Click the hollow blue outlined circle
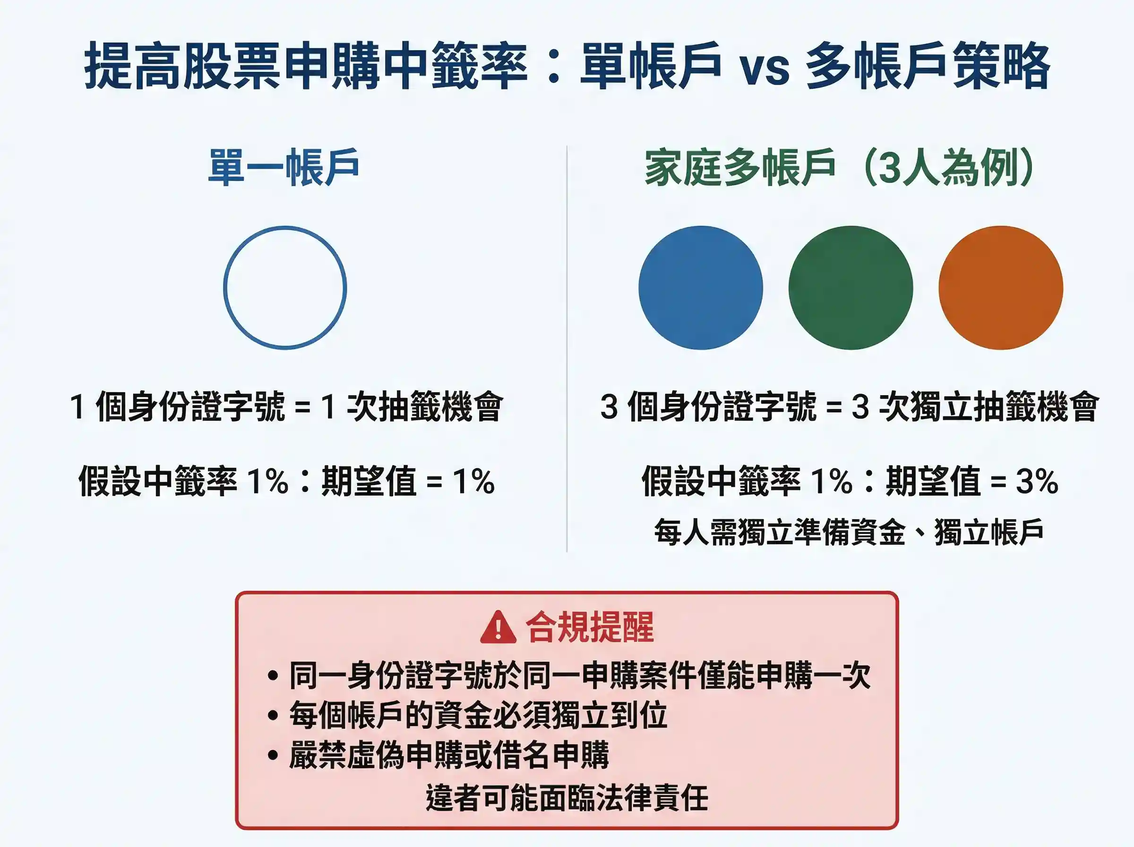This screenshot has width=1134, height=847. click(x=285, y=288)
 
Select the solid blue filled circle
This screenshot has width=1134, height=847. click(x=701, y=288)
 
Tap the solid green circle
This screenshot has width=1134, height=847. click(x=850, y=288)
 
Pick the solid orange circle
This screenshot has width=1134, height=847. click(x=1001, y=288)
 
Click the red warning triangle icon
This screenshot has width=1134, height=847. click(x=498, y=628)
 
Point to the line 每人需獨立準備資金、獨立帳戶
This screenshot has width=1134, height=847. click(x=849, y=532)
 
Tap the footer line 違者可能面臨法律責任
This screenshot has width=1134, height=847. click(x=567, y=797)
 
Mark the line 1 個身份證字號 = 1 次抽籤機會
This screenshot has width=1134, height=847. click(x=286, y=406)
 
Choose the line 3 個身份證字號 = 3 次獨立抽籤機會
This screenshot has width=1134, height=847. click(x=849, y=406)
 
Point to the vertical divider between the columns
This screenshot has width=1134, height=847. click(x=567, y=349)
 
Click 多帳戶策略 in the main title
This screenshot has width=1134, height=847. click(x=928, y=67)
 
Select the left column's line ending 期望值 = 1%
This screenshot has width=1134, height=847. click(x=286, y=482)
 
